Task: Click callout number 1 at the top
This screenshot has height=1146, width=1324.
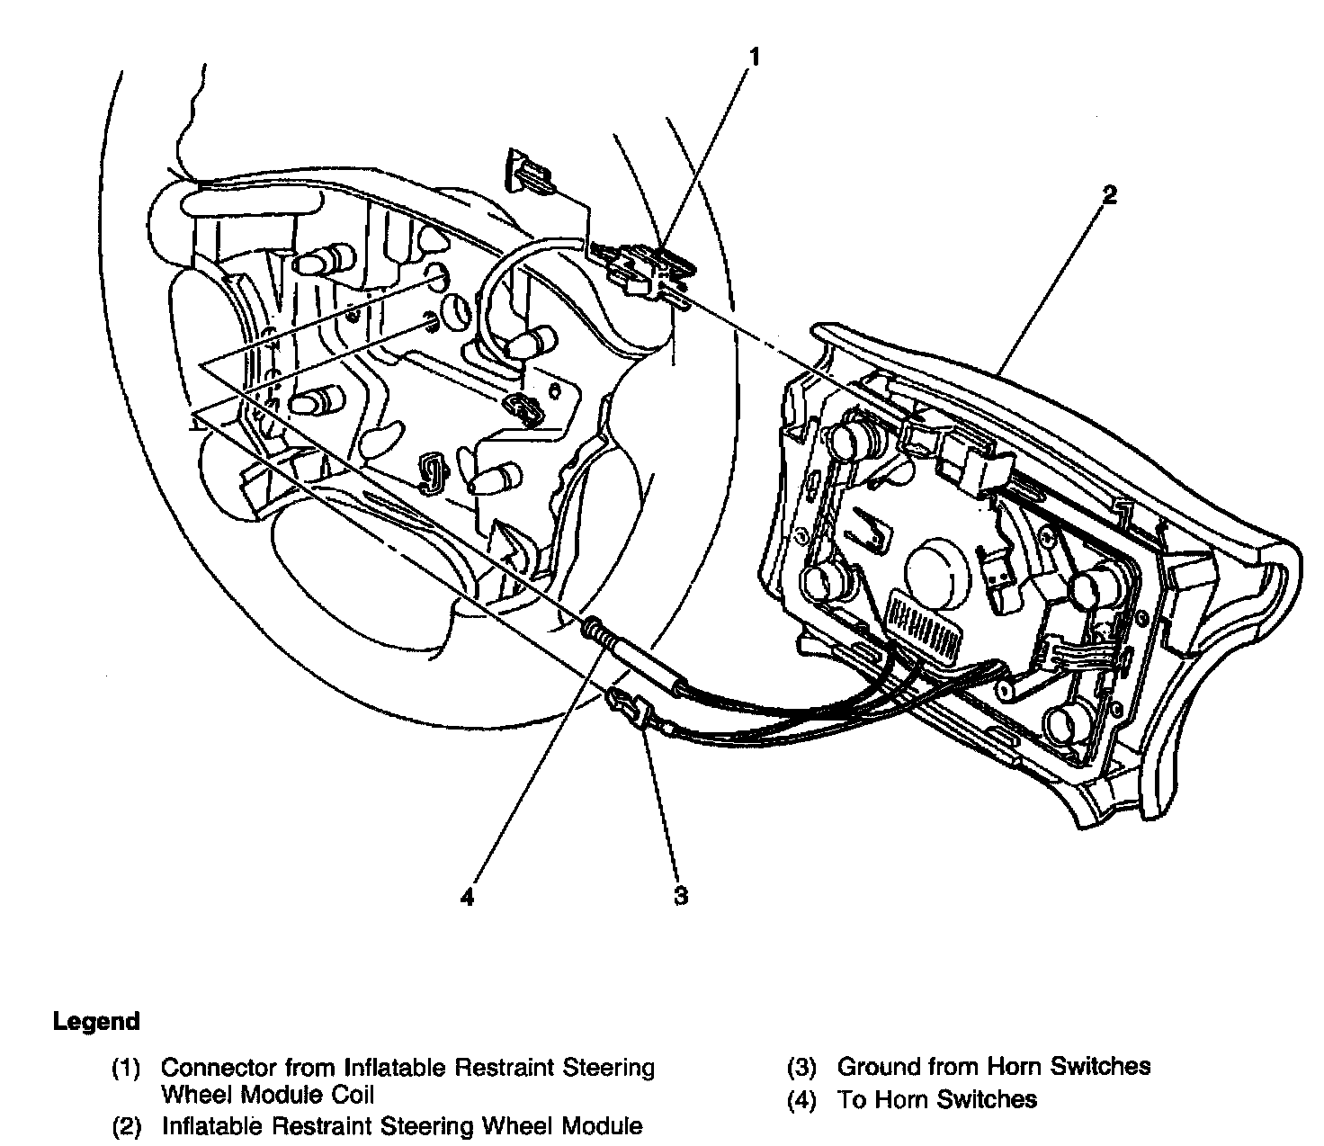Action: coord(755,58)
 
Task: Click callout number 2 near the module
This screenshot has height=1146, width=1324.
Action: coord(1110,195)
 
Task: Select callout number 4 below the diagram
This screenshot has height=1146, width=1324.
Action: coord(466,897)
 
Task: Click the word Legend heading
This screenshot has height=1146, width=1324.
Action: coord(96,1022)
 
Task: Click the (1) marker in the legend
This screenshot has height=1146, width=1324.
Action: coord(125,1069)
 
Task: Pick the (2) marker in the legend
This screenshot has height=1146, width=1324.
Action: coord(125,1126)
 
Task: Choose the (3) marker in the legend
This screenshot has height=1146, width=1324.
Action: coord(801,1068)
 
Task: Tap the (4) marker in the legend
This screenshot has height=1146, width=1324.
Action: coord(801,1099)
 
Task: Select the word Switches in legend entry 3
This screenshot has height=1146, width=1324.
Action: coord(1102,1067)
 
